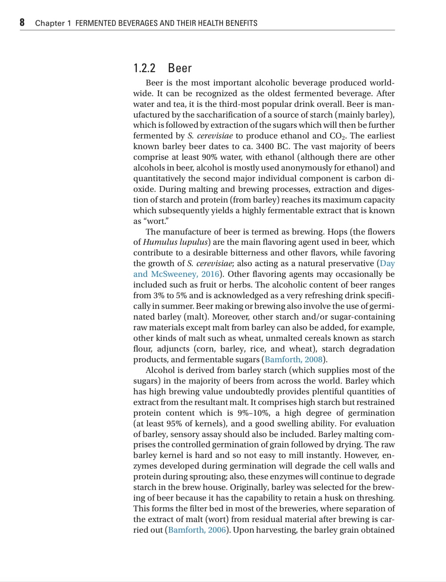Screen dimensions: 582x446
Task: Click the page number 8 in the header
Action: point(22,22)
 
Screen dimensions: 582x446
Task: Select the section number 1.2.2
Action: point(144,68)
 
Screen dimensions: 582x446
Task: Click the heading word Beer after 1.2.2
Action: point(180,68)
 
